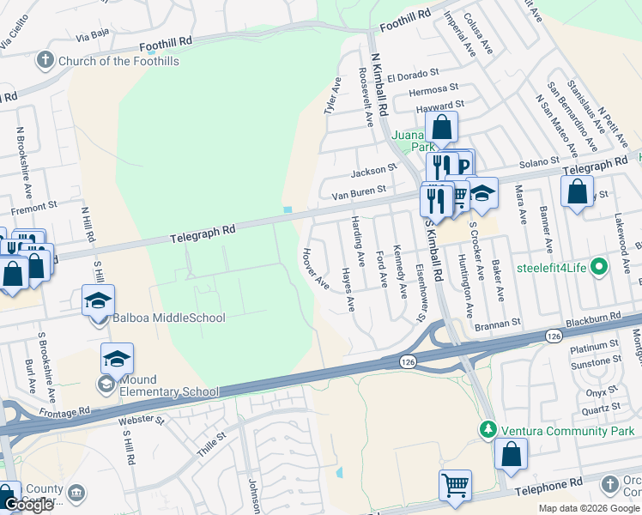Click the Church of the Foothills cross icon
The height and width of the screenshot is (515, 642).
point(45,61)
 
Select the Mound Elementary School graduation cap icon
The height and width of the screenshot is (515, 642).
point(117,358)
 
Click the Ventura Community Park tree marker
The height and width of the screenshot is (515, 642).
point(488,427)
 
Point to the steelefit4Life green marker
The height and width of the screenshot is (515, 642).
point(600,267)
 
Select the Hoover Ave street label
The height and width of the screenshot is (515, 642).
point(315,268)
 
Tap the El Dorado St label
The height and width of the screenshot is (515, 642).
point(413,76)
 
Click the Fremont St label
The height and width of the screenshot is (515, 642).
point(33,206)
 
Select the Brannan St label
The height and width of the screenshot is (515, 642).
point(499,323)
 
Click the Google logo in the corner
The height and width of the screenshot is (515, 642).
point(28,505)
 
